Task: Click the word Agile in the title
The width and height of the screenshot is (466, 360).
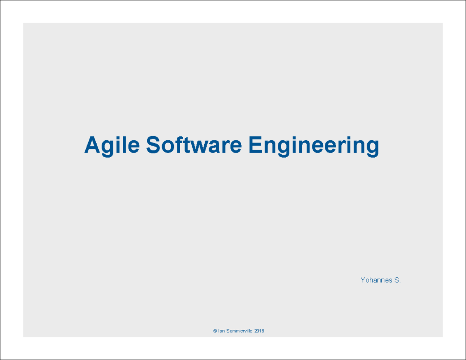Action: click(112, 145)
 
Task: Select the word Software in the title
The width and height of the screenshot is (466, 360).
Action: click(194, 145)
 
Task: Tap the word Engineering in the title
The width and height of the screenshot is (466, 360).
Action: click(314, 145)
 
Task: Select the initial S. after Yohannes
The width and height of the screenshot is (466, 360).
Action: click(397, 280)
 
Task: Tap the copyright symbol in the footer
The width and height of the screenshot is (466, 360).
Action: click(215, 331)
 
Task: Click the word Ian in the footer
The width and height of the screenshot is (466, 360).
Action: click(221, 331)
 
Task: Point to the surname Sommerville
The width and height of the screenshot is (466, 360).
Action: click(239, 331)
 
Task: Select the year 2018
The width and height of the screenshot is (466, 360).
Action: click(259, 331)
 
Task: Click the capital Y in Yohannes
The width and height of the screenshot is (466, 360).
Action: click(363, 280)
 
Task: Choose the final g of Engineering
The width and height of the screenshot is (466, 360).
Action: click(372, 148)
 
